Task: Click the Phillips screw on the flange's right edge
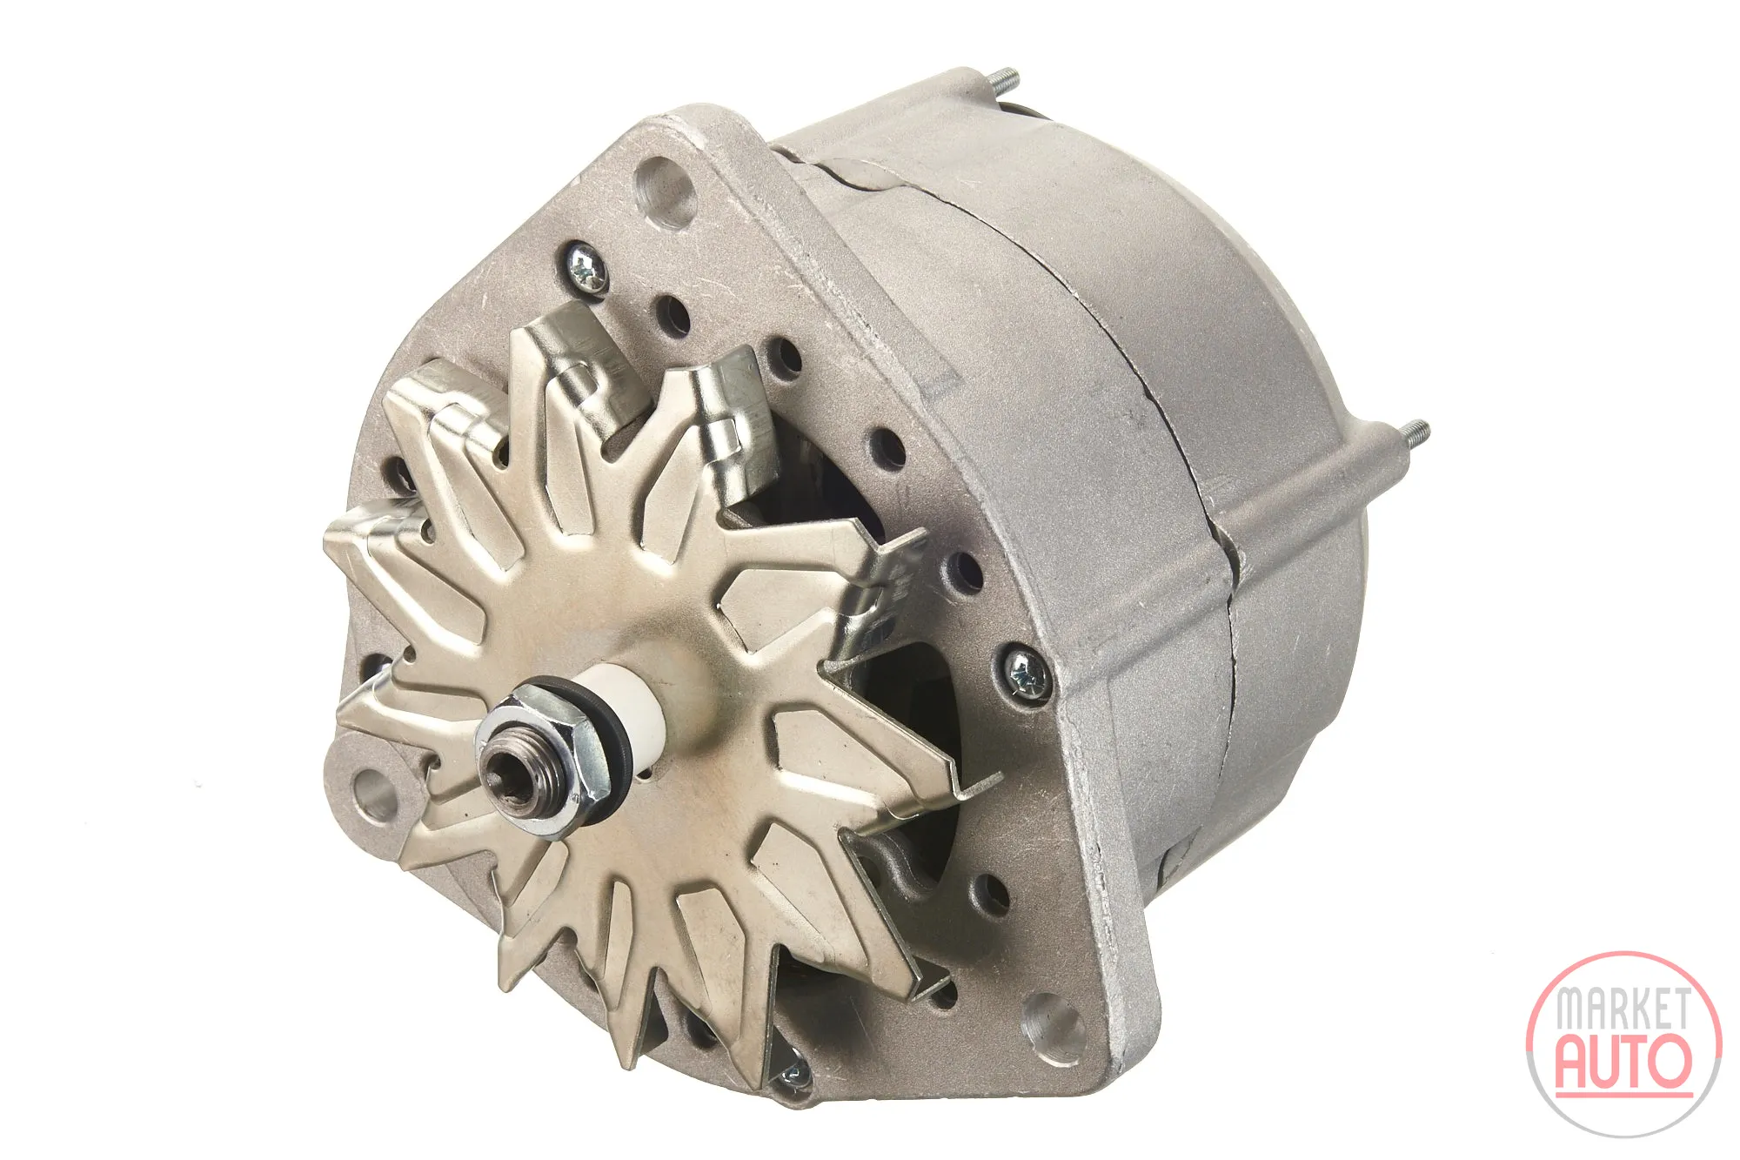[1025, 672]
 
